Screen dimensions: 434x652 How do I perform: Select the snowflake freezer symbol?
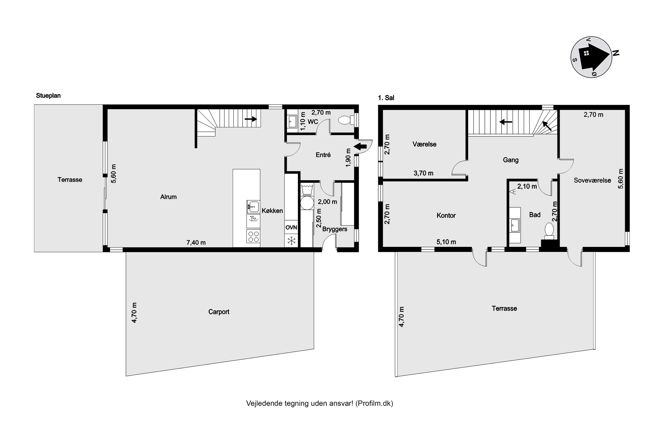pos(291,240)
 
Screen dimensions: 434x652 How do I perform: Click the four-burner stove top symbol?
pos(253,237)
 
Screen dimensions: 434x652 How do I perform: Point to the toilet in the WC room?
pos(345,120)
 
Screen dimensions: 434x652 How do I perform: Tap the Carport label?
pos(219,312)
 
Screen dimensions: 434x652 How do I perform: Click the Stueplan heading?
pos(48,95)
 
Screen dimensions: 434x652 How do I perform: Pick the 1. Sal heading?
pos(386,98)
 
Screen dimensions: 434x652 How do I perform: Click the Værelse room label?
pos(424,144)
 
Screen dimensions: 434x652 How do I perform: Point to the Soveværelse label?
pos(592,181)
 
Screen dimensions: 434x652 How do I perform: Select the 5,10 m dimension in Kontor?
pos(446,242)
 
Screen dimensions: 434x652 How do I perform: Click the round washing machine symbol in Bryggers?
pos(307,203)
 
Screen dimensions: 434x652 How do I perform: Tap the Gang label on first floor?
pos(511,160)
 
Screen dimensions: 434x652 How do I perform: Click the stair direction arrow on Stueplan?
pos(251,119)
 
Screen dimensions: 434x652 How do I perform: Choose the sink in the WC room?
pos(292,121)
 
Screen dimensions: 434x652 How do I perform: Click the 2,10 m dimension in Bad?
pos(527,187)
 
